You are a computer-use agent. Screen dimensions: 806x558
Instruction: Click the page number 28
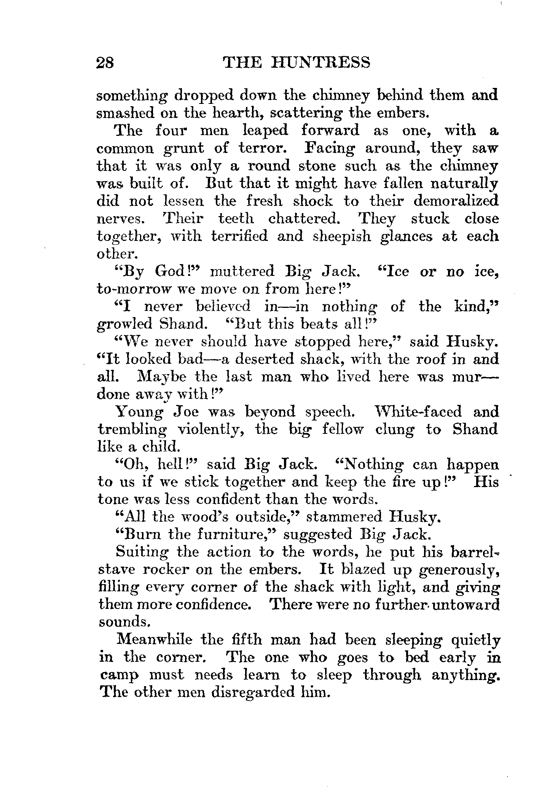pyautogui.click(x=105, y=62)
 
